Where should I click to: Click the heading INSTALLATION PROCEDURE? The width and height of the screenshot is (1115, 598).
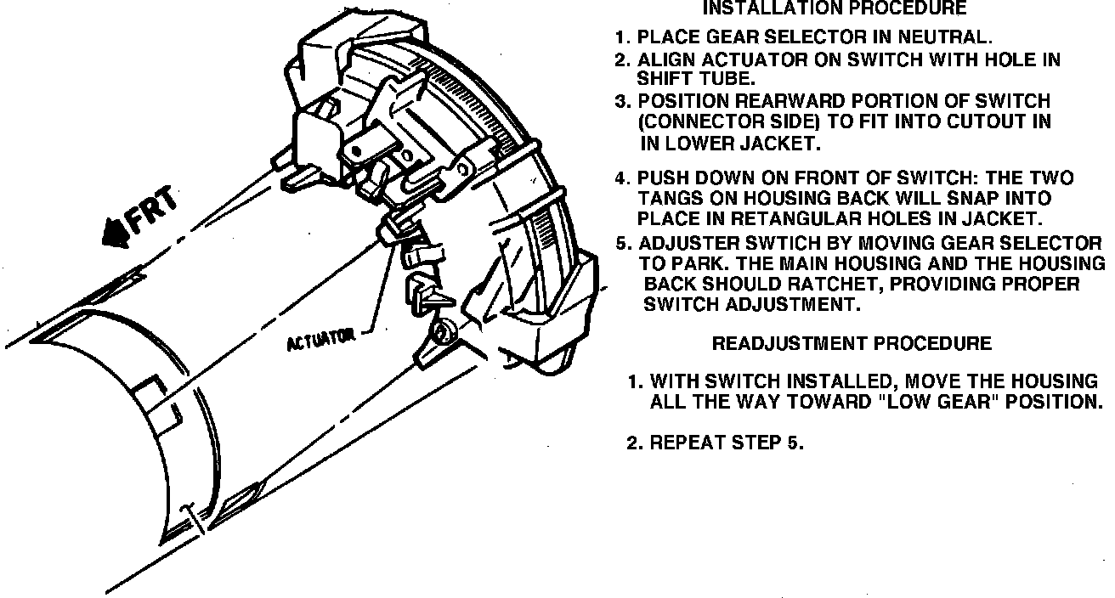coord(834,9)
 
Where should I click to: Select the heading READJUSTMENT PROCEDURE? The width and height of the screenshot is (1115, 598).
coord(851,344)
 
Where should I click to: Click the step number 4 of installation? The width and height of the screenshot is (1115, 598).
coord(622,178)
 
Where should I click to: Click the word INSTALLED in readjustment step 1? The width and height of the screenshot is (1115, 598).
coord(837,381)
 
